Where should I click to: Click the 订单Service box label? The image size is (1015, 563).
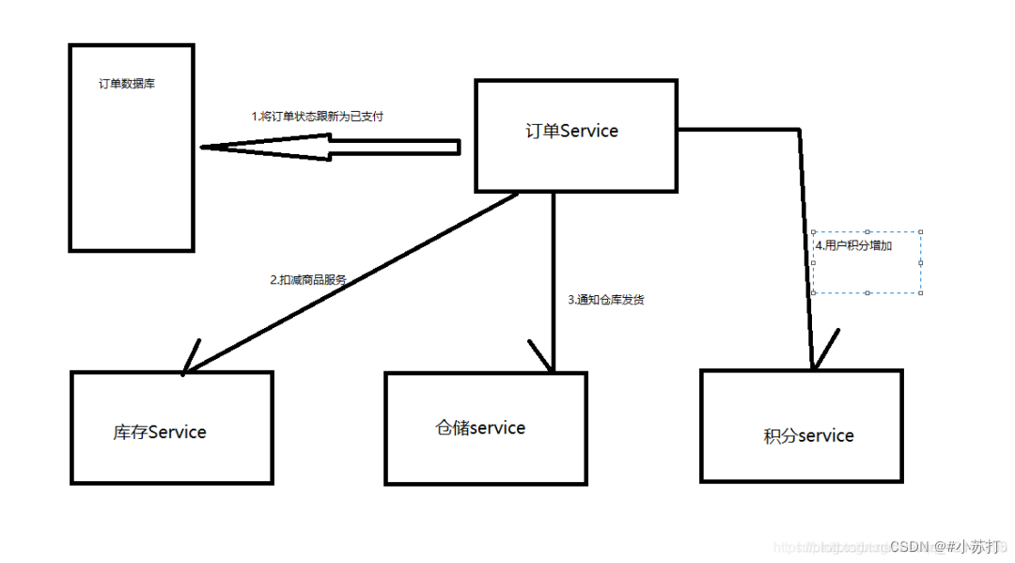tap(571, 131)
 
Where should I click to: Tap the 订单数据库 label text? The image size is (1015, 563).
tap(127, 84)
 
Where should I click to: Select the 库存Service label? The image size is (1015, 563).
tap(159, 432)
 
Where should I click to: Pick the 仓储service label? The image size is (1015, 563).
tap(479, 428)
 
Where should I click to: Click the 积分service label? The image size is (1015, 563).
tap(808, 436)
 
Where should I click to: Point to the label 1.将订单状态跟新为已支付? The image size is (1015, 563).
tap(317, 117)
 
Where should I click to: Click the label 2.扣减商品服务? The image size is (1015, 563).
tap(308, 279)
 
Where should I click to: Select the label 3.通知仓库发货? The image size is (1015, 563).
tap(605, 300)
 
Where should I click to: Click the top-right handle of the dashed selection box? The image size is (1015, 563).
tap(920, 232)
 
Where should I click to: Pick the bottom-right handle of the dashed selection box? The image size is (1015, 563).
tap(920, 292)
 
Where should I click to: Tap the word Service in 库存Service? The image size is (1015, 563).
tap(178, 432)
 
